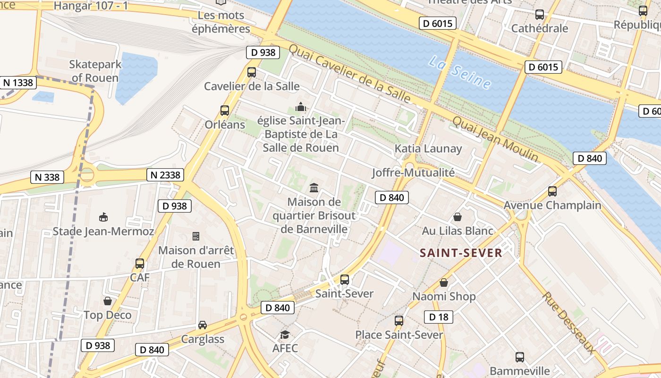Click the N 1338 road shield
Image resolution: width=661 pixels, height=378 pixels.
pos(18,83)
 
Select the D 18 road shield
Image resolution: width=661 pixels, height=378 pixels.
pos(439,317)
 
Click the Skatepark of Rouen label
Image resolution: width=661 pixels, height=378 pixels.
pos(95,71)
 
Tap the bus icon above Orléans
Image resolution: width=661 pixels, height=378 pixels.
pos(225,111)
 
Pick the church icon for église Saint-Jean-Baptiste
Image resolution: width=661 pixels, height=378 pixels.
pos(300,107)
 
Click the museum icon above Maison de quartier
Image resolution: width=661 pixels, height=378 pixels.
pos(314,188)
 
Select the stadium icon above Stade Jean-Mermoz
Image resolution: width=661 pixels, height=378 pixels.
pos(103,217)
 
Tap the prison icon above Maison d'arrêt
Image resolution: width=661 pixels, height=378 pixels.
pos(196,236)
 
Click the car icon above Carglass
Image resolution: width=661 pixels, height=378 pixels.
pos(203,325)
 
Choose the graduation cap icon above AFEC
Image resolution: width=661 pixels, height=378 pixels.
pos(285,335)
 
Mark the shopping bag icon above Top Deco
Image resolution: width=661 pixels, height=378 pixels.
pos(108,301)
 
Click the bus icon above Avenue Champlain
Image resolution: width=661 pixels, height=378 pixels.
pos(552,191)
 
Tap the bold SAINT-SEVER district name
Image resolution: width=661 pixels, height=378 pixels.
pos(461,253)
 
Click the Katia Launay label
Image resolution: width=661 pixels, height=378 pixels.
pos(428,148)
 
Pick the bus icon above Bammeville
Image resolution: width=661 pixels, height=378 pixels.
pos(520,357)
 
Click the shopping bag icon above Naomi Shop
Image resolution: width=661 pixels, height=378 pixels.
pos(444,283)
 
